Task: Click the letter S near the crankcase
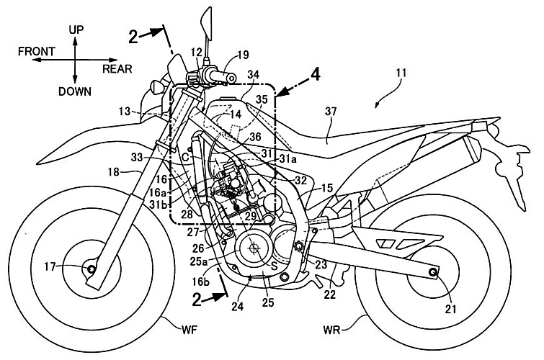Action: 272,265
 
